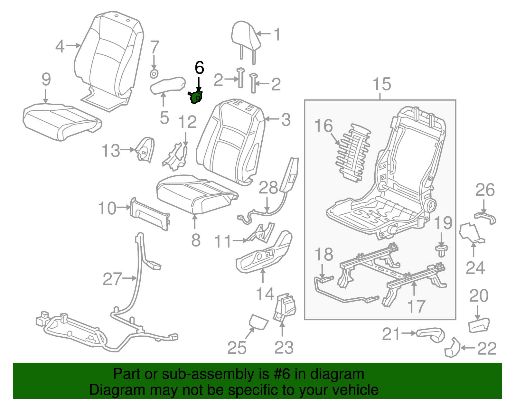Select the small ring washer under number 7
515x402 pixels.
tap(154, 74)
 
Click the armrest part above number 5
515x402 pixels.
tap(167, 85)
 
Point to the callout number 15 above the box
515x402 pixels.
tap(382, 84)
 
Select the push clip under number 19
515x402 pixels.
tap(441, 250)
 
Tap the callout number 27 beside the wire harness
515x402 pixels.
tap(112, 279)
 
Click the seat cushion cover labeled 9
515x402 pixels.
tap(61, 121)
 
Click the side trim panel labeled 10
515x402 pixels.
tap(150, 214)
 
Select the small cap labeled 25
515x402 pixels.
tap(258, 322)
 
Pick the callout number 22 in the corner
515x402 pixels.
tap(487, 348)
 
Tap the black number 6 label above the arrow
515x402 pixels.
tap(199, 68)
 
